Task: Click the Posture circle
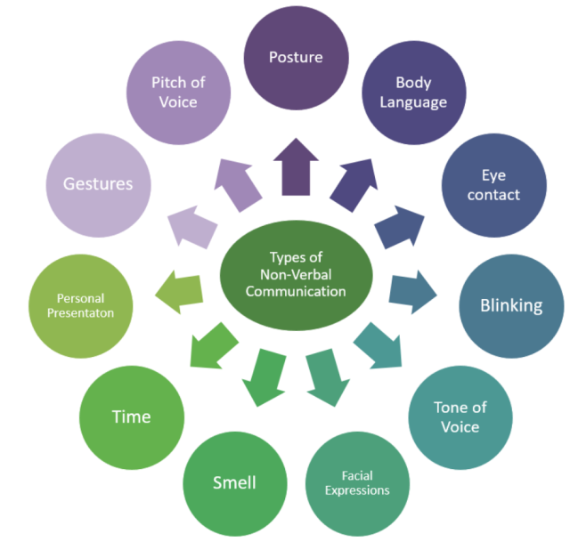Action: click(x=297, y=57)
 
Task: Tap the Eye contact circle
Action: click(x=493, y=184)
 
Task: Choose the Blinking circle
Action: click(x=510, y=305)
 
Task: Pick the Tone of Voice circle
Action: click(x=460, y=417)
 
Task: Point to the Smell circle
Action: click(x=235, y=481)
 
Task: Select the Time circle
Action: click(x=131, y=417)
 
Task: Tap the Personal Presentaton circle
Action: click(x=80, y=305)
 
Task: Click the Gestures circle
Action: click(x=97, y=184)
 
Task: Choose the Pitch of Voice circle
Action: click(x=177, y=91)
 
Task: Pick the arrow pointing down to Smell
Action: click(x=265, y=374)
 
